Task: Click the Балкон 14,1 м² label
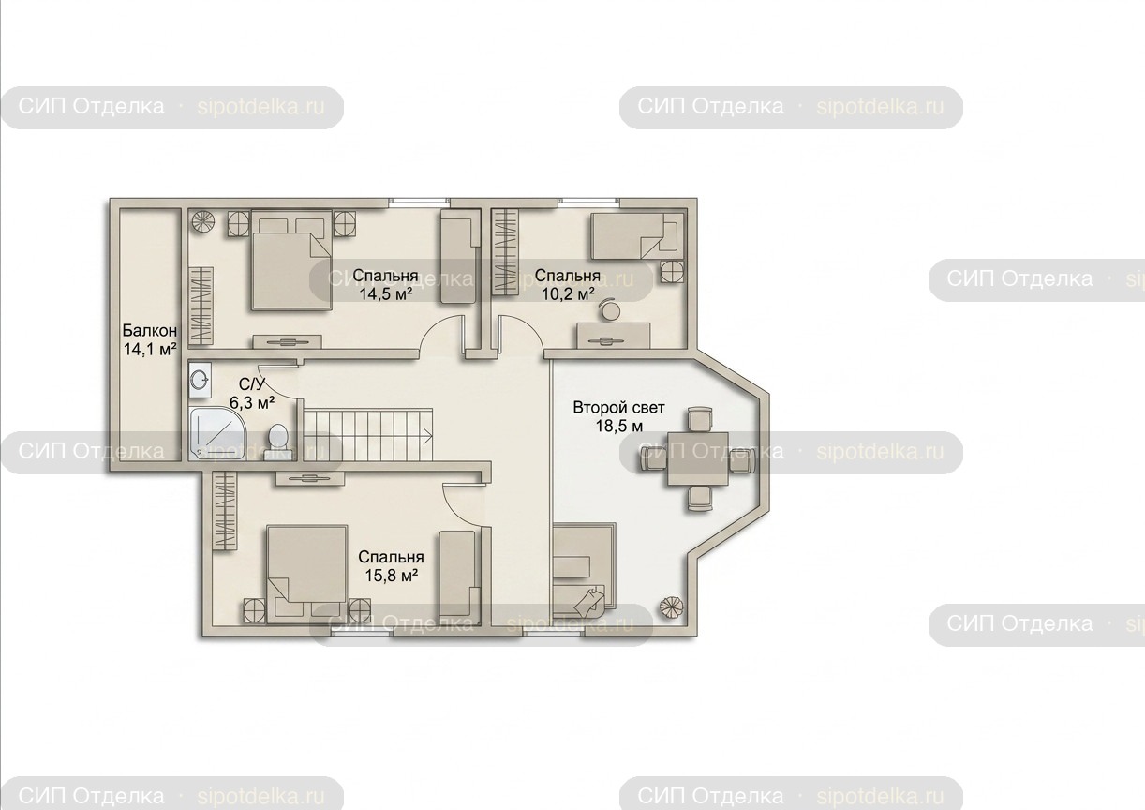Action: (150, 339)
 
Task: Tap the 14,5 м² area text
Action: (385, 294)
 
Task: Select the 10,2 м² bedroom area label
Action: (568, 294)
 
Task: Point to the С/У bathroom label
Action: (252, 384)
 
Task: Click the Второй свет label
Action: (618, 408)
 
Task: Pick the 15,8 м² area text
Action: (392, 576)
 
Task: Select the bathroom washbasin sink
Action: (200, 381)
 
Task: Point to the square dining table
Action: (698, 458)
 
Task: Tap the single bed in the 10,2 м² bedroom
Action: (637, 235)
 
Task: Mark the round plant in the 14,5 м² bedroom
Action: (203, 222)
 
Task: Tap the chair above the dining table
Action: (699, 419)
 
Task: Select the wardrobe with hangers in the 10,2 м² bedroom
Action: (504, 251)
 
